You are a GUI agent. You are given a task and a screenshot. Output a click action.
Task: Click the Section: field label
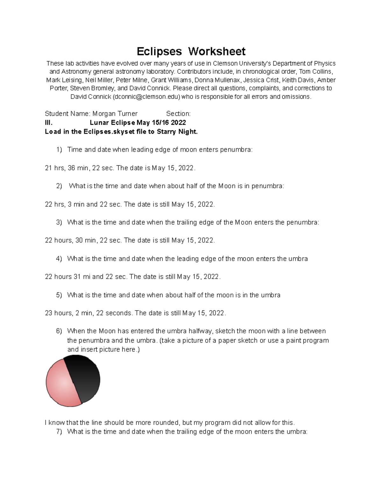coord(178,114)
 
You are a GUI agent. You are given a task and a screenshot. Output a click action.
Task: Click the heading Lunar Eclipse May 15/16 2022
coord(138,122)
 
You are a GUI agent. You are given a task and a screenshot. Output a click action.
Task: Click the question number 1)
coord(59,150)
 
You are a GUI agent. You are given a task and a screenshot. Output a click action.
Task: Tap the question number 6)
coord(59,331)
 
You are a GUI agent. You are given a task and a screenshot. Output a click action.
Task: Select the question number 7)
coord(59,432)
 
